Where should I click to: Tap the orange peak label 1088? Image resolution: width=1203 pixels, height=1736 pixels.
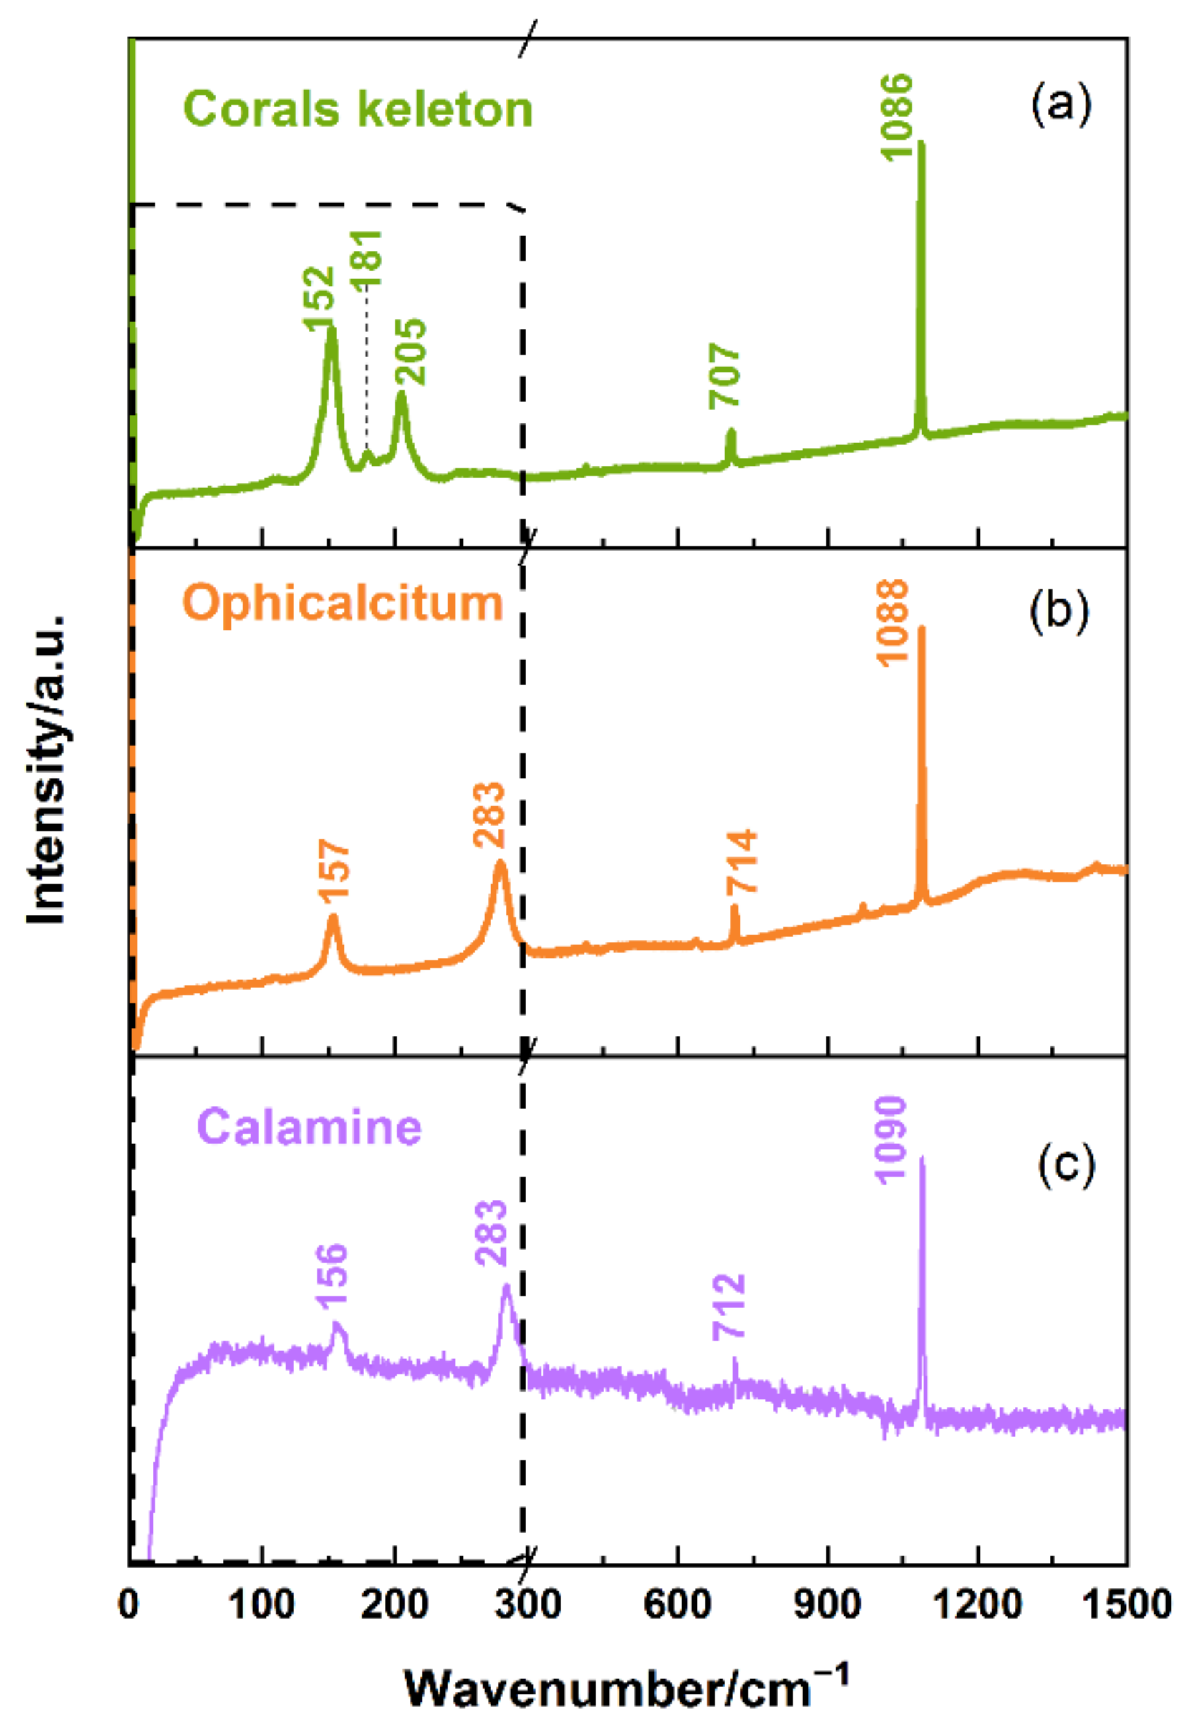pyautogui.click(x=894, y=622)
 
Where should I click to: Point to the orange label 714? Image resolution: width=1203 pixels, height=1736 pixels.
pyautogui.click(x=743, y=862)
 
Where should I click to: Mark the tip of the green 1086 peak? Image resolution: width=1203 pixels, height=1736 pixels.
pyautogui.click(x=920, y=143)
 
